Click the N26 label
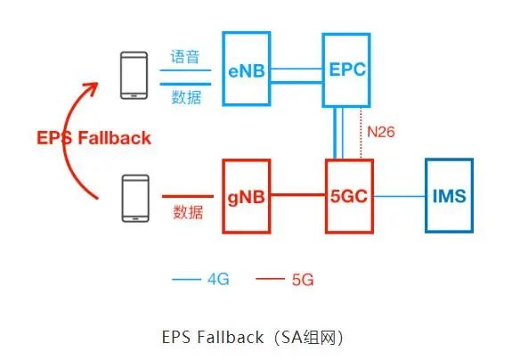coord(381,132)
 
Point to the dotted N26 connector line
coord(361,134)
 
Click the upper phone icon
coord(134,76)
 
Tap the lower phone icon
coord(135,199)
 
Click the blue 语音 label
coord(185,56)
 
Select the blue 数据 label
coord(186,97)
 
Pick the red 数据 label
coord(188,212)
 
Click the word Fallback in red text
coord(114,137)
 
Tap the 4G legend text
coord(218,279)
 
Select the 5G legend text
coord(303,280)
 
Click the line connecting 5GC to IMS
coord(399,196)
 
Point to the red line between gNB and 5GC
coord(298,195)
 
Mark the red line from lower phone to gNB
coord(188,196)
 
